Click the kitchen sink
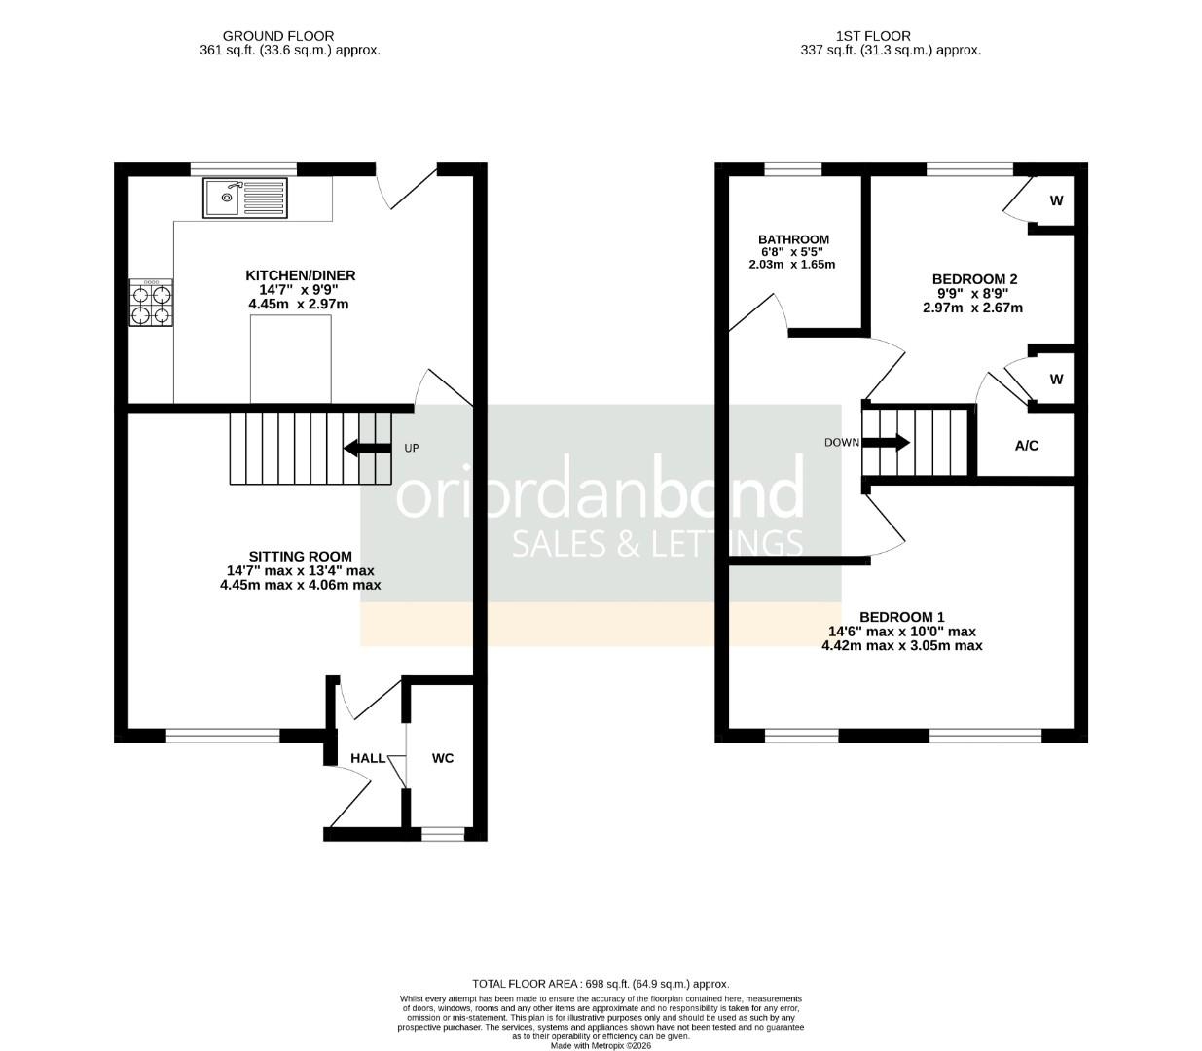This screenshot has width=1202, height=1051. tap(245, 198)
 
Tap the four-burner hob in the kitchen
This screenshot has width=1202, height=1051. tap(151, 303)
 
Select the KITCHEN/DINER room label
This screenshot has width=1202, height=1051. tap(300, 275)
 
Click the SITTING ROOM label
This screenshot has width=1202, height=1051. tap(300, 556)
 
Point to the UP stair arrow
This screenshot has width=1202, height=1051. tap(363, 448)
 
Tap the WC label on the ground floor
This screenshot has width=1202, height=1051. tap(443, 758)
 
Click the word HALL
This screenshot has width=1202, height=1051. tap(368, 758)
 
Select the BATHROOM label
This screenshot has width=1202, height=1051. tap(793, 239)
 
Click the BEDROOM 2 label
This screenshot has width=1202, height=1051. tap(973, 279)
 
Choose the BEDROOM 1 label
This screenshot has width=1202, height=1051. tap(901, 617)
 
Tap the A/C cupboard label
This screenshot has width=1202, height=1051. tap(1027, 446)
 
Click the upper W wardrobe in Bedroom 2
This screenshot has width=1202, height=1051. tap(1056, 201)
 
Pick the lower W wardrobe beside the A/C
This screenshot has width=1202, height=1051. tap(1056, 380)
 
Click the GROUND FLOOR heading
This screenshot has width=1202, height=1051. tap(279, 36)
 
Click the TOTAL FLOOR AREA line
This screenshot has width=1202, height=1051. tap(601, 984)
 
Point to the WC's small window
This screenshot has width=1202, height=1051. tap(443, 833)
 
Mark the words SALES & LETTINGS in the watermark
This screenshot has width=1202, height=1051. tap(657, 543)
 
